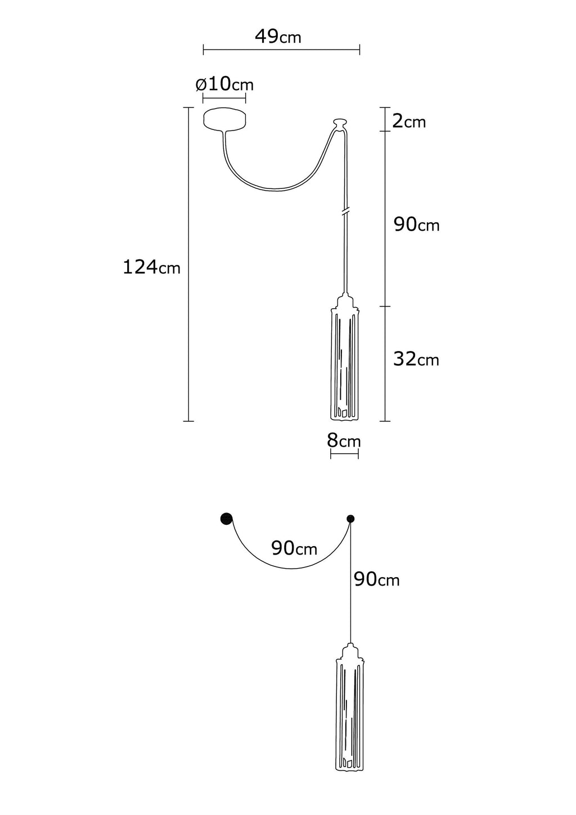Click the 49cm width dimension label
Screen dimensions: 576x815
point(278,37)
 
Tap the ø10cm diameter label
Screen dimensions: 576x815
point(224,84)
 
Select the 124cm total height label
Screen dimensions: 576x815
point(152,267)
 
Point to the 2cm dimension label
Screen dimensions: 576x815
point(409,121)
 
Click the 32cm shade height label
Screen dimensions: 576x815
point(416,359)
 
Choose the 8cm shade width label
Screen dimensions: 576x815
point(344,440)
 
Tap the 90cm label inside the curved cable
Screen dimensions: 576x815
point(294,548)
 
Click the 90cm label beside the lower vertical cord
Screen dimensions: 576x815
point(377,579)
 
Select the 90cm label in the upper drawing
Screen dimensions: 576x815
point(417,225)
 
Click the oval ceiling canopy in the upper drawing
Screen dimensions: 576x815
point(225,119)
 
